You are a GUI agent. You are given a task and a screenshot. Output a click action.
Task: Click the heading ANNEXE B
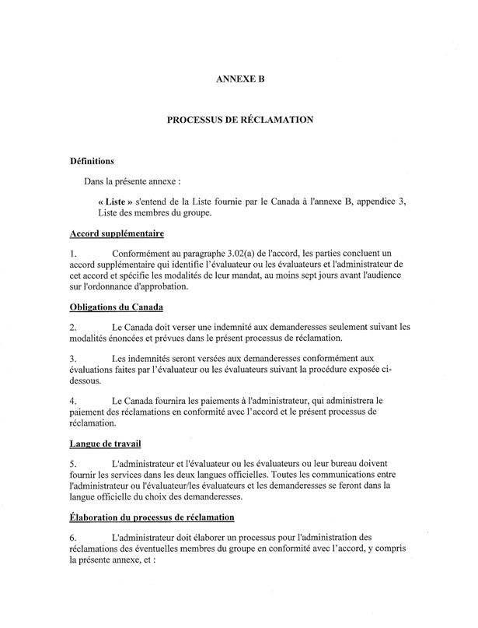point(239,79)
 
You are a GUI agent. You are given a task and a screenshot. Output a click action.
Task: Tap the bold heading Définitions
point(92,162)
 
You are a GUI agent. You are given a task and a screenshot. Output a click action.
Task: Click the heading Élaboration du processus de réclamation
point(152,517)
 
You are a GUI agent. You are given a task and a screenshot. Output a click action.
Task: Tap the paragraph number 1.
point(72,254)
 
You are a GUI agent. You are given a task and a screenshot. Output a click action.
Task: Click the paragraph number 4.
point(72,402)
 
